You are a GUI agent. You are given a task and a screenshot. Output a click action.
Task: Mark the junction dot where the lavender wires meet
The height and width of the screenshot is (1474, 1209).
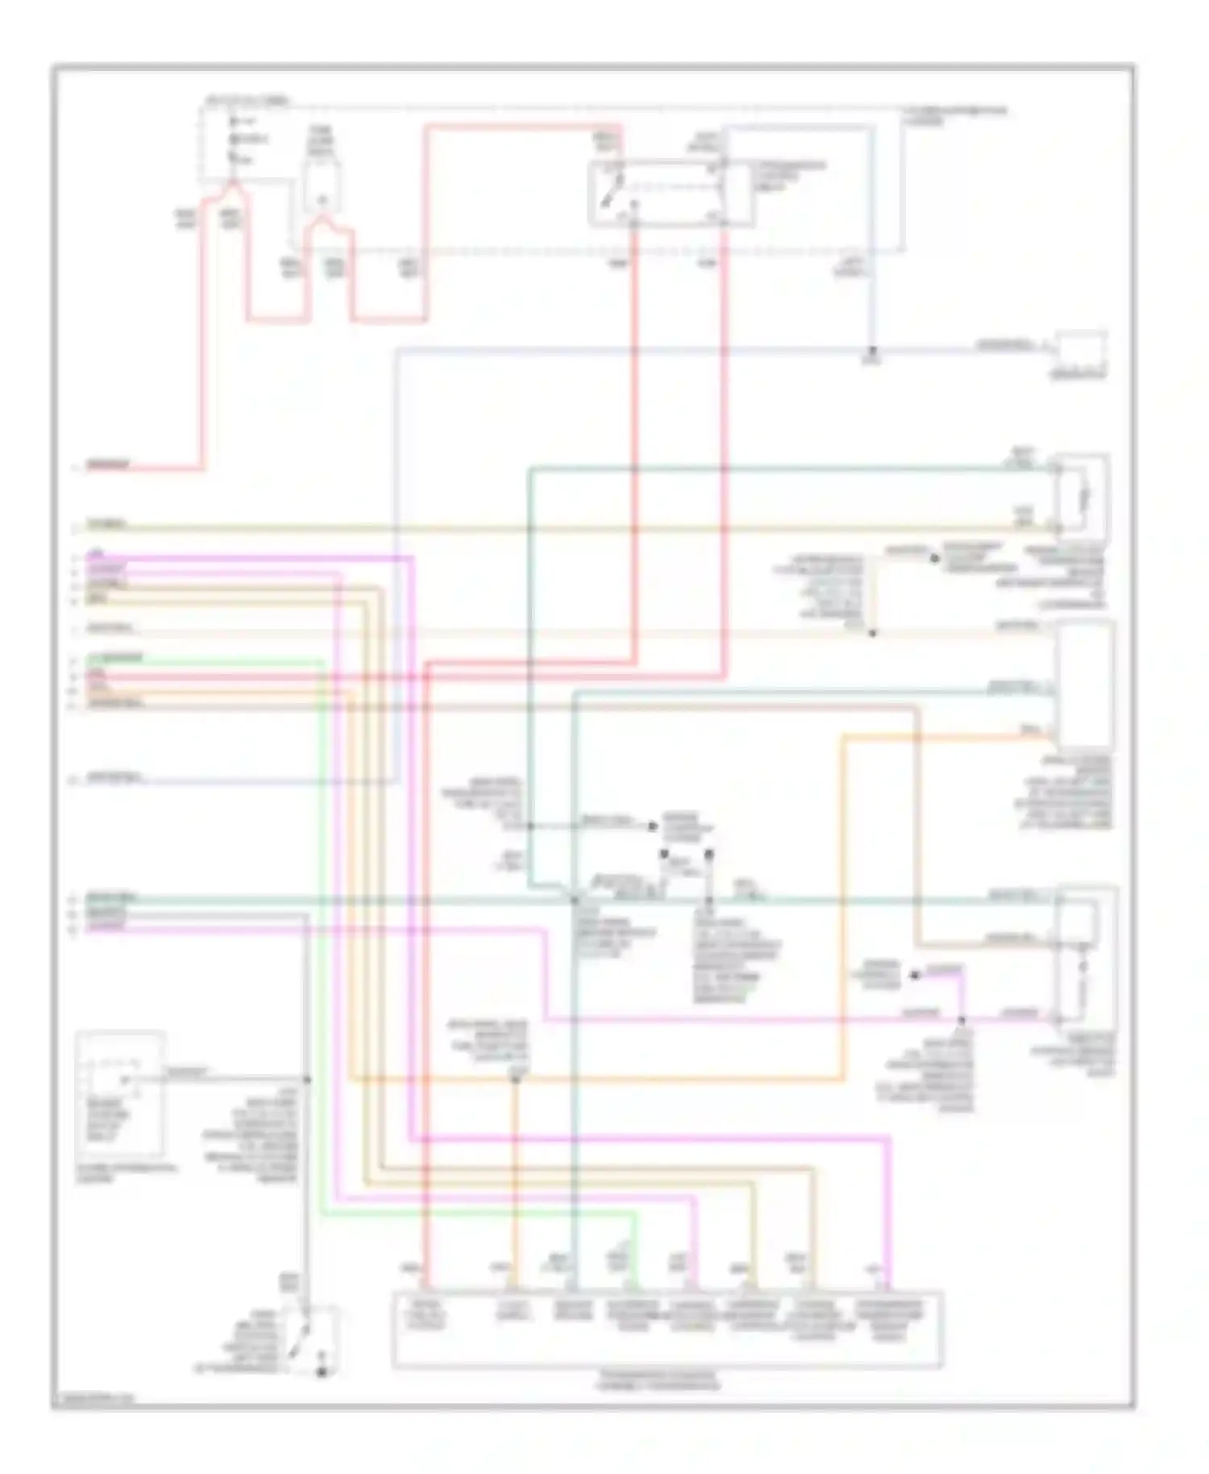(x=873, y=352)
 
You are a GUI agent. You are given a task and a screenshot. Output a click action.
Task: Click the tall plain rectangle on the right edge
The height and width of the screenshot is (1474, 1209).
(x=1086, y=685)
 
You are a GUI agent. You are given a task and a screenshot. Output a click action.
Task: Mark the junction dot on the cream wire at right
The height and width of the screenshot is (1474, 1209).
(x=872, y=633)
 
